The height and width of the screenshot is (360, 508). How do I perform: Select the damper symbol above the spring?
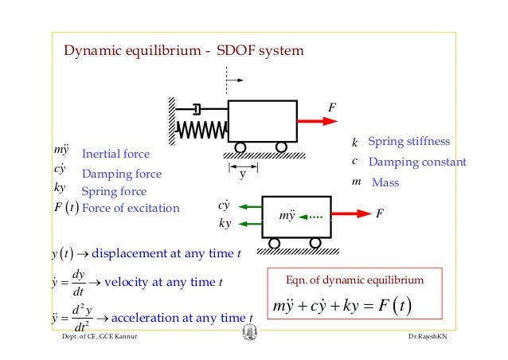196,107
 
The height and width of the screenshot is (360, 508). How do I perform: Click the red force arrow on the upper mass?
318,120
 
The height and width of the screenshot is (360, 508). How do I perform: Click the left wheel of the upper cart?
239,147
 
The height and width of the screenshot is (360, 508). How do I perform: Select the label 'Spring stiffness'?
408,142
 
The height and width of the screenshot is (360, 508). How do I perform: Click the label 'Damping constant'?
417,162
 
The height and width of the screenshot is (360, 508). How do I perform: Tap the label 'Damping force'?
121,174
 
